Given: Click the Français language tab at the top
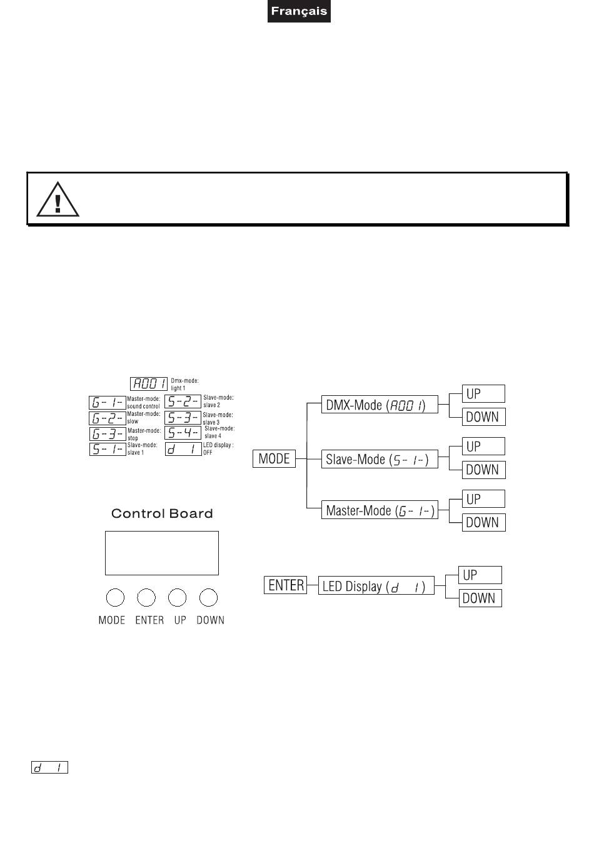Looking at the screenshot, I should pyautogui.click(x=299, y=11).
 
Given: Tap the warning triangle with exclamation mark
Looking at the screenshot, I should pyautogui.click(x=58, y=199).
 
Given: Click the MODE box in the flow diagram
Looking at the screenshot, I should pyautogui.click(x=274, y=459).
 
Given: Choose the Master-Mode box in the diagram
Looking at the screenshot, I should pyautogui.click(x=380, y=510).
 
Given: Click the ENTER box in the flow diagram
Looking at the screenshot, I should pyautogui.click(x=286, y=585).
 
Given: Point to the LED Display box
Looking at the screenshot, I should pyautogui.click(x=376, y=587).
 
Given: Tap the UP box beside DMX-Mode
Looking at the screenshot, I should pyautogui.click(x=483, y=394).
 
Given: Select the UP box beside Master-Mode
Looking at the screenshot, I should pyautogui.click(x=483, y=499).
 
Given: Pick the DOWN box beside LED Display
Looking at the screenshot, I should pyautogui.click(x=480, y=598).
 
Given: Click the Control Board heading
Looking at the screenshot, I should pyautogui.click(x=162, y=514).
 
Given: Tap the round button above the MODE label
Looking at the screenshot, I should pyautogui.click(x=114, y=598).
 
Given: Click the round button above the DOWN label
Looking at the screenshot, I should pyautogui.click(x=208, y=598).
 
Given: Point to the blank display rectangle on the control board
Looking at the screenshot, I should pyautogui.click(x=162, y=553).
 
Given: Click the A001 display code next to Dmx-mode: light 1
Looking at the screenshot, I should pyautogui.click(x=149, y=384).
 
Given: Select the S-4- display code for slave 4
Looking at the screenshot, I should pyautogui.click(x=183, y=433).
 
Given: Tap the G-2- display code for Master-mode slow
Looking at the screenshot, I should pyautogui.click(x=108, y=418).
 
